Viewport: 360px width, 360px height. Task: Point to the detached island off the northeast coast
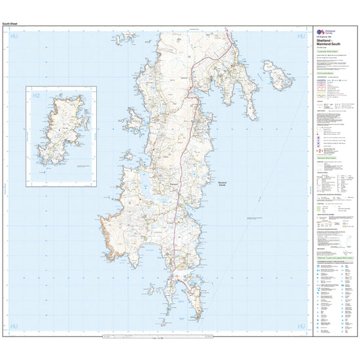[280, 81]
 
